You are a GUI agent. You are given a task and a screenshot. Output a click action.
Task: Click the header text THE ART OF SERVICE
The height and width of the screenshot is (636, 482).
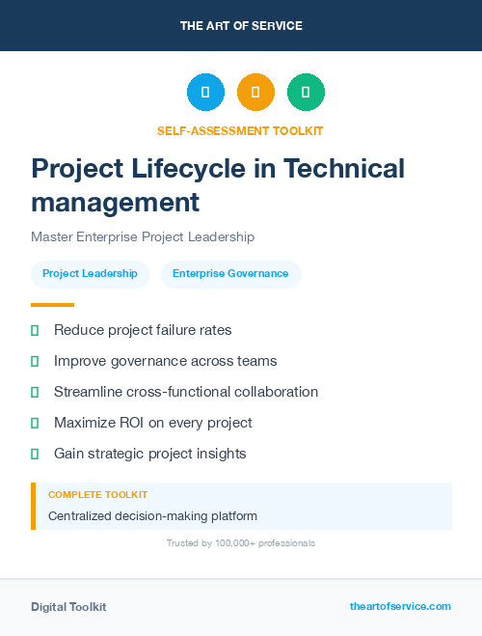[x=241, y=26]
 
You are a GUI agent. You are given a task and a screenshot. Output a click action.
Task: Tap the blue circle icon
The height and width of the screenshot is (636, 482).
[x=205, y=93]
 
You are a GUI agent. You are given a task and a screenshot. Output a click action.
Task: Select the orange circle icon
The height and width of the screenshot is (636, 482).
[x=255, y=93]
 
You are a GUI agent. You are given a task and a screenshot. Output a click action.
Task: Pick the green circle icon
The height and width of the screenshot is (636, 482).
[x=306, y=93]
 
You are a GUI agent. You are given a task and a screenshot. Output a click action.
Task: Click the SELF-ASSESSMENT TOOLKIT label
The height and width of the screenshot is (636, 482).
[x=241, y=130]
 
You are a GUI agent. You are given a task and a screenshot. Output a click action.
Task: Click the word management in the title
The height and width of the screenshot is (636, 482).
[x=115, y=203]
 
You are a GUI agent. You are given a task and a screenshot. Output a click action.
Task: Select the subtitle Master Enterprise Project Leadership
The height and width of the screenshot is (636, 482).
[x=142, y=236]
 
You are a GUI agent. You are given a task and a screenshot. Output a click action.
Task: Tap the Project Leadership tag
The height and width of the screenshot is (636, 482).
[x=90, y=274]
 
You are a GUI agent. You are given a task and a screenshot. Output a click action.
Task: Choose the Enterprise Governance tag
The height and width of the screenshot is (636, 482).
[x=230, y=274]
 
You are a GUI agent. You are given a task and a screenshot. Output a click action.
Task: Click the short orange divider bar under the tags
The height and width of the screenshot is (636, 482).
[x=46, y=305]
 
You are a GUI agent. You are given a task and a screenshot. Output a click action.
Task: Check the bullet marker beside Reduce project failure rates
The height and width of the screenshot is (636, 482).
[x=35, y=330]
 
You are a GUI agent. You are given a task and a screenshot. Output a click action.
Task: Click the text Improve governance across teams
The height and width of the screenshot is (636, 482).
[x=165, y=361]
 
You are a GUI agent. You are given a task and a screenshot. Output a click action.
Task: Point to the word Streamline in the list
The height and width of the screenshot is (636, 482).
[x=88, y=392]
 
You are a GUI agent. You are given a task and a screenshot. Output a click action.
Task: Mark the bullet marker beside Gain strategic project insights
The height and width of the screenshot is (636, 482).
[x=35, y=454]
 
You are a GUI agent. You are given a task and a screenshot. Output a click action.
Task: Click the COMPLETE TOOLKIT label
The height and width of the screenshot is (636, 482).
[x=97, y=494]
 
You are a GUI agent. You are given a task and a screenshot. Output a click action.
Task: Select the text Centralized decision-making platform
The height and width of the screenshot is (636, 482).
[x=152, y=516]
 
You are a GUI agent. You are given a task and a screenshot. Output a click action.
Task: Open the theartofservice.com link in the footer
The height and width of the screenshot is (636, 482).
[x=400, y=606]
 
